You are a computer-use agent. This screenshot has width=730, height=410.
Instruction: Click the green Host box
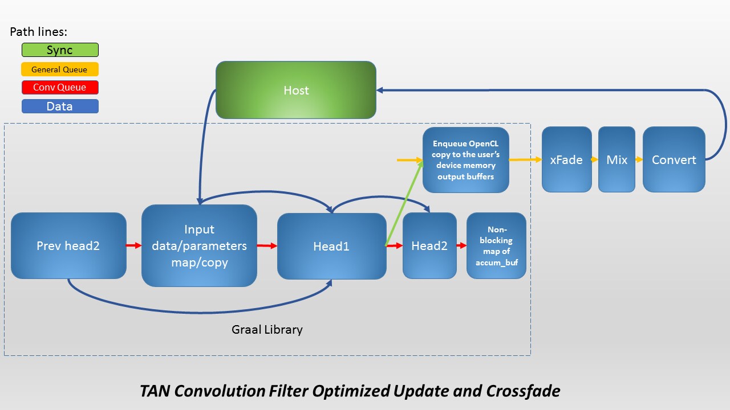[295, 90]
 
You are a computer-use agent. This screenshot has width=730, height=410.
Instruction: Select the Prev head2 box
[68, 246]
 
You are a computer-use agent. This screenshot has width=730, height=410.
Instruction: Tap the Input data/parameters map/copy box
[199, 246]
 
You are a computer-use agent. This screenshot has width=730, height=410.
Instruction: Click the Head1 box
[331, 246]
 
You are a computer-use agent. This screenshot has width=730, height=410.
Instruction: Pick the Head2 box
[429, 246]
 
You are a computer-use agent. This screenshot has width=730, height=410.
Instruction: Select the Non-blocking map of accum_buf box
[496, 246]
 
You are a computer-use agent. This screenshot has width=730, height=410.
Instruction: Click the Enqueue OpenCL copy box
[465, 160]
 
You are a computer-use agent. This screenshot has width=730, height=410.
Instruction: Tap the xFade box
[566, 159]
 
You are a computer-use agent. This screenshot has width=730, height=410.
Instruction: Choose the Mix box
[617, 159]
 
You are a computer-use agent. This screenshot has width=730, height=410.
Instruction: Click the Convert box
[674, 159]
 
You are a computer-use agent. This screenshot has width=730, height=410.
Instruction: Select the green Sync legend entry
[60, 50]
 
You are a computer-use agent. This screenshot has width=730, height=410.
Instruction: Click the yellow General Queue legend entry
[60, 69]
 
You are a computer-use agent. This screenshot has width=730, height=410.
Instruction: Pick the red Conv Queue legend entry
[60, 88]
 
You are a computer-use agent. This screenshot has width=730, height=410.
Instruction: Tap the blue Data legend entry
[60, 106]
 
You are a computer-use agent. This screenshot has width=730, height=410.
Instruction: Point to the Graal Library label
[267, 329]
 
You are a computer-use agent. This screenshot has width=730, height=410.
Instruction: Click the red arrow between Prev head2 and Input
[134, 246]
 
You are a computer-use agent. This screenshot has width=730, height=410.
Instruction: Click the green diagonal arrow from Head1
[405, 203]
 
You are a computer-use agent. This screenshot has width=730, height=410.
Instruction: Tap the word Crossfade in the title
[523, 391]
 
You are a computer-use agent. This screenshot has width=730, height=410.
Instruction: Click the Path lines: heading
[38, 32]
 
